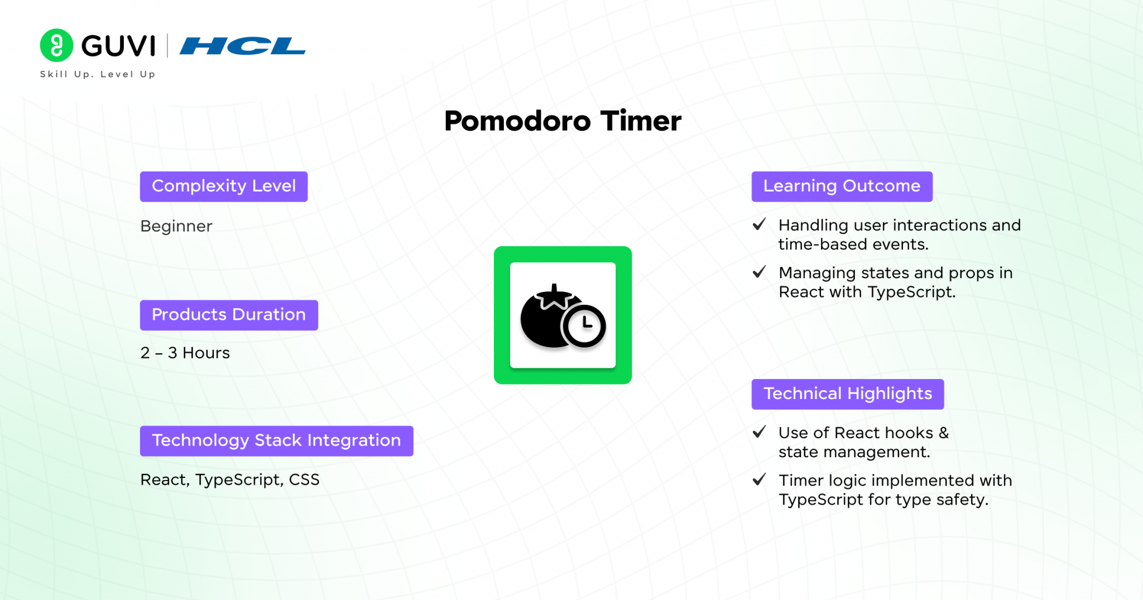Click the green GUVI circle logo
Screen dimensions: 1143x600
[x=56, y=45]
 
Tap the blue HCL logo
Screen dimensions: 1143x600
[x=243, y=46]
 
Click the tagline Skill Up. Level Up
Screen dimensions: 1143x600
[x=98, y=74]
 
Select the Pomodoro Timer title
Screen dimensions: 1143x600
[x=563, y=121]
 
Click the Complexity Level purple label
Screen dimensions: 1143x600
[x=224, y=186]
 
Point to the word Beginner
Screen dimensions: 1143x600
[x=176, y=226]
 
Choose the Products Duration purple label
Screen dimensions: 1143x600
[x=229, y=315]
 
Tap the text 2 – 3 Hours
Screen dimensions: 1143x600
[x=185, y=353]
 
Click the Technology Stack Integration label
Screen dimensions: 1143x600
[x=277, y=441]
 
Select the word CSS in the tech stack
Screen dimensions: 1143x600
[x=304, y=479]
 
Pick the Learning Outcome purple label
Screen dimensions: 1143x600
[x=842, y=186]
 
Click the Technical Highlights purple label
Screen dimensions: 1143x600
[x=848, y=394]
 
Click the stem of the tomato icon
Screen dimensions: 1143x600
[x=554, y=291]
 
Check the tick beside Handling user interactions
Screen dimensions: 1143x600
[x=759, y=224]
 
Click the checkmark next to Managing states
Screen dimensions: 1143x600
[x=759, y=272]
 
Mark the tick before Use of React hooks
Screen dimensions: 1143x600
[x=759, y=432]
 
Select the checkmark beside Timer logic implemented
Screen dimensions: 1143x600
[x=759, y=479]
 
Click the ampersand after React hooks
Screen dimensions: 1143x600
[x=943, y=433]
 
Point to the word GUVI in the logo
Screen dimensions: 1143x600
[x=118, y=46]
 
